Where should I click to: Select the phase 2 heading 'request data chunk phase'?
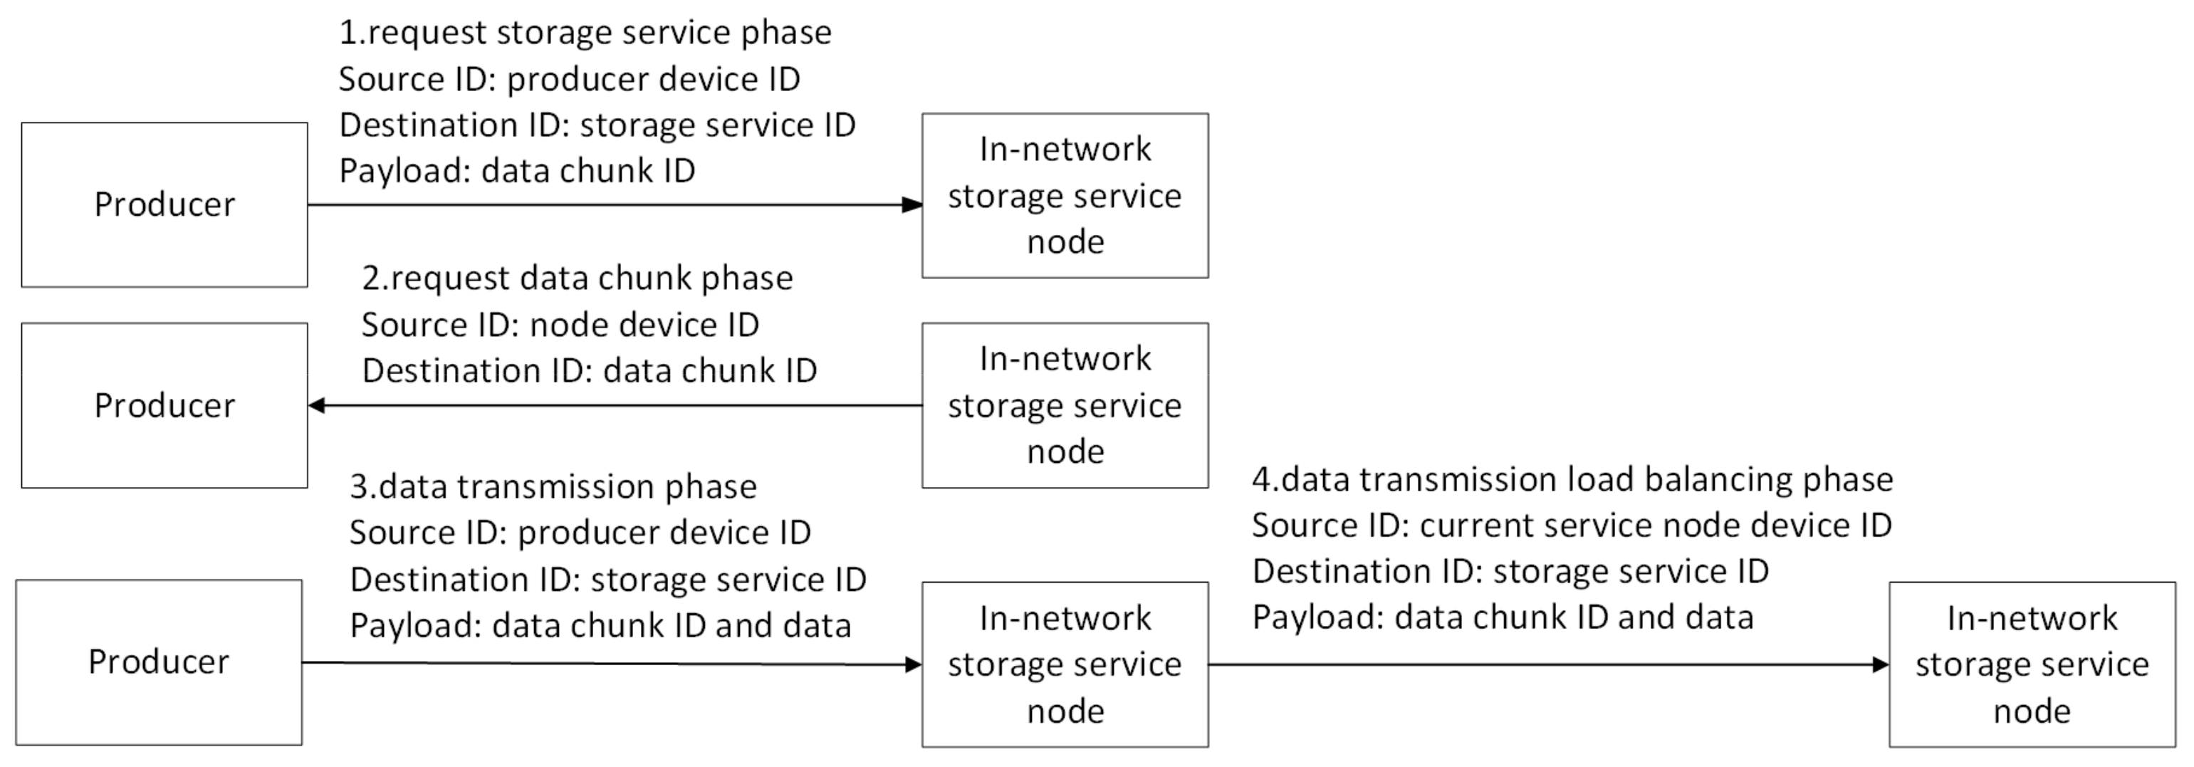pos(578,278)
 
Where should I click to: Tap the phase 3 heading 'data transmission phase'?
pos(553,486)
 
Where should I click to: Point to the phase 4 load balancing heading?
pos(1572,480)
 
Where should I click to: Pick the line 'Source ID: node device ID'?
pos(560,325)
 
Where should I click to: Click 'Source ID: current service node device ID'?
pos(1572,526)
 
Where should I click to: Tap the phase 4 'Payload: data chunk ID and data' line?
pos(1503,617)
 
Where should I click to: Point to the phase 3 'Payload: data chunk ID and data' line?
pos(600,625)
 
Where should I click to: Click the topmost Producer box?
pos(164,204)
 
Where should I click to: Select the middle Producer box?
pos(164,406)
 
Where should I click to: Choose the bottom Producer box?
pos(158,662)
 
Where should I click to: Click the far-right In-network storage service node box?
pos(2032,664)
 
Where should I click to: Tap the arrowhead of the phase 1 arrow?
pos(912,204)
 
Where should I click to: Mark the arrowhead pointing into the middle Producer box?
pos(318,406)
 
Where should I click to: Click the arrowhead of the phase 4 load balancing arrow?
pos(1880,664)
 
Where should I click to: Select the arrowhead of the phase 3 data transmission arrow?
pos(912,664)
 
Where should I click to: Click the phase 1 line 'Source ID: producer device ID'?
pos(569,79)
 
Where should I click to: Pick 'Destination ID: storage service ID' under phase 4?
pos(1510,571)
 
